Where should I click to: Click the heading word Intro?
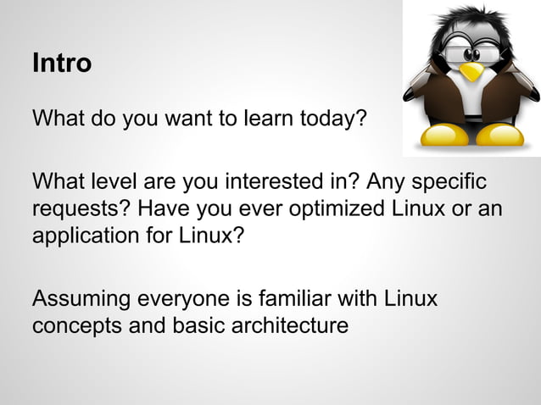pyautogui.click(x=61, y=63)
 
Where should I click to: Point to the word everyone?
pyautogui.click(x=182, y=300)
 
